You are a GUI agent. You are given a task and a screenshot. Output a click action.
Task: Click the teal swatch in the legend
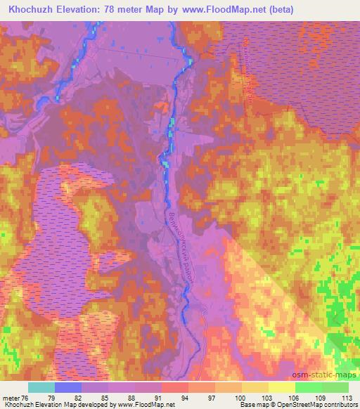click(x=41, y=387)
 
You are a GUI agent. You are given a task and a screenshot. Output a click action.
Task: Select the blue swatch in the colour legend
click(x=67, y=387)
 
